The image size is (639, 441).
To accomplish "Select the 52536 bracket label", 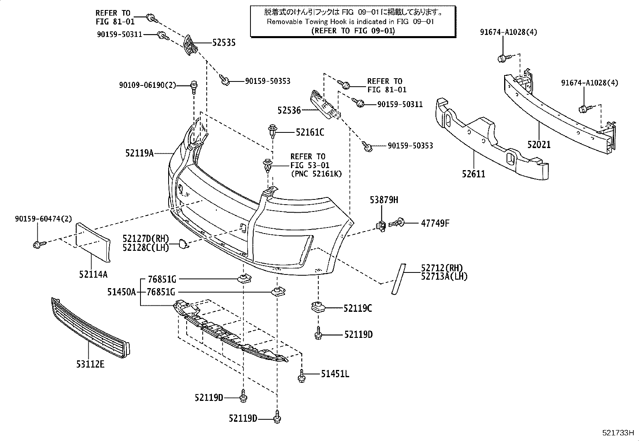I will click(x=289, y=110).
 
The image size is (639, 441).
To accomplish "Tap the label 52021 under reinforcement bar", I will click(x=539, y=144).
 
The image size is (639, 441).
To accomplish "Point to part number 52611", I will click(x=473, y=174).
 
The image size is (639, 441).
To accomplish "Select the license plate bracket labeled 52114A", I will click(x=93, y=238).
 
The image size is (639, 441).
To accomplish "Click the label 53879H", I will click(x=384, y=200).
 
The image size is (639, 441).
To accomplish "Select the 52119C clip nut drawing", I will click(x=317, y=308).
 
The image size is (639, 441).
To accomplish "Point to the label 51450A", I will click(x=121, y=292).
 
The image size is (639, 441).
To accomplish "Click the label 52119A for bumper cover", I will click(x=139, y=153).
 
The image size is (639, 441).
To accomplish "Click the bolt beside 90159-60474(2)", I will click(x=37, y=244).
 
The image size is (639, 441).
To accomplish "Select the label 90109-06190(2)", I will click(x=147, y=85).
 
